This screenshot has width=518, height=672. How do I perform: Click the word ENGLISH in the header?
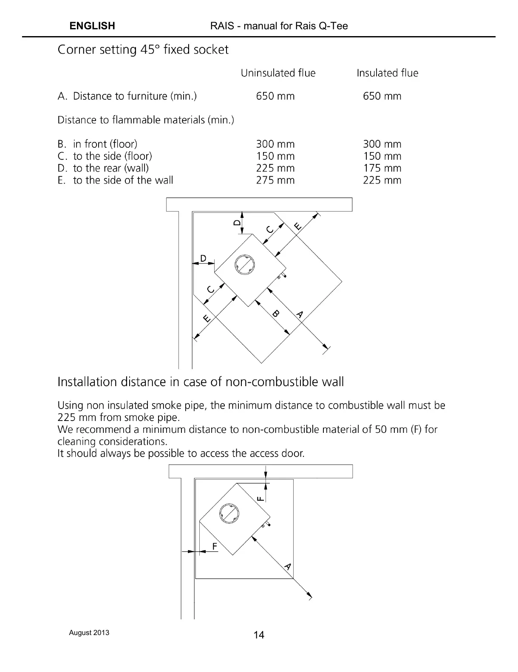click(x=92, y=26)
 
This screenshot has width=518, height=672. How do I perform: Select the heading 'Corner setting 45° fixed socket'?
click(x=143, y=50)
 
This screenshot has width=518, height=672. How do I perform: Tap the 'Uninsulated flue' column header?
click(x=278, y=73)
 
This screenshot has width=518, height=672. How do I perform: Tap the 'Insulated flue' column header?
click(x=387, y=73)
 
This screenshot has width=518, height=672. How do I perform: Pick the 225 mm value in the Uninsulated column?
click(x=275, y=168)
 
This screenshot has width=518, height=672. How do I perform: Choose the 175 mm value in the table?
click(x=382, y=168)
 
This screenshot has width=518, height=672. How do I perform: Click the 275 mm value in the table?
click(x=275, y=180)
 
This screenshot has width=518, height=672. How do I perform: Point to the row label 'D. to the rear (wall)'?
click(x=103, y=168)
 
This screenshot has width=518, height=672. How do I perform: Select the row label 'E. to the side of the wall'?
click(x=115, y=180)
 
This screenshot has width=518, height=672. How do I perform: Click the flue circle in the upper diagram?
click(x=243, y=264)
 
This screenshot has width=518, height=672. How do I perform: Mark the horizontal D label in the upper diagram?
click(x=203, y=258)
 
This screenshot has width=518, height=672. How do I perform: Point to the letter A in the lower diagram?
click(x=288, y=566)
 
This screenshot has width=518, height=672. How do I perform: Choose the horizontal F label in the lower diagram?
click(x=214, y=546)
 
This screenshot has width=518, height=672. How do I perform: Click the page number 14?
click(x=259, y=635)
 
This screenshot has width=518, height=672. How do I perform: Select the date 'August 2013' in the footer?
click(x=89, y=632)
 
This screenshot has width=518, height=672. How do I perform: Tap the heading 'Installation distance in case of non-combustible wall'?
click(x=201, y=382)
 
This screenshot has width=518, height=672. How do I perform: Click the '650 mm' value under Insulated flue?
click(x=382, y=96)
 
